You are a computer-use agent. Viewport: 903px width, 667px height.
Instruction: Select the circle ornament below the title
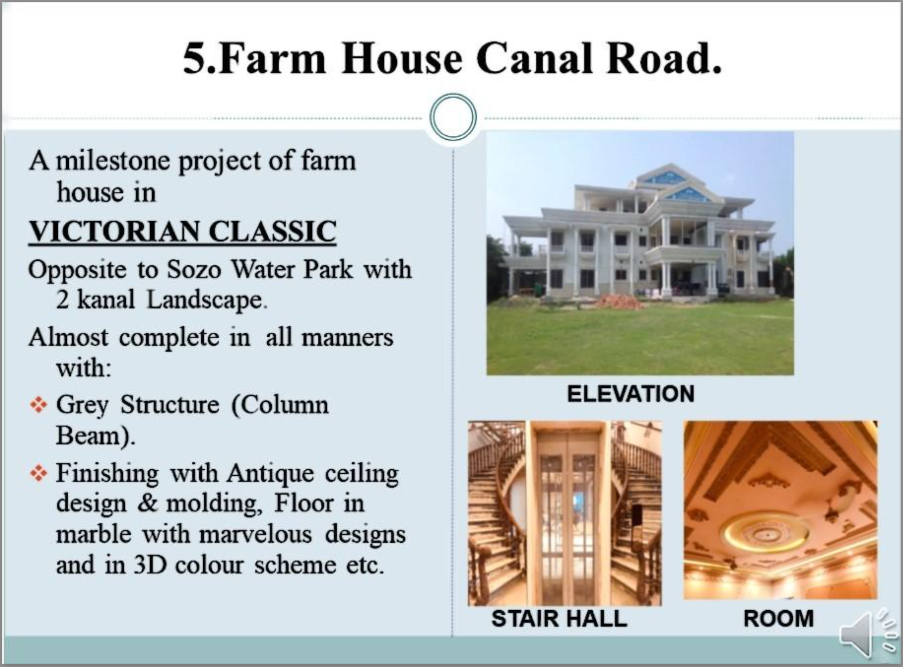coord(453,118)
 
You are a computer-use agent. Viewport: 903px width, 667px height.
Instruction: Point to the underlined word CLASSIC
coord(272,231)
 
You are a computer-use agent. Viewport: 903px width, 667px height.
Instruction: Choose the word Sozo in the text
coord(194,269)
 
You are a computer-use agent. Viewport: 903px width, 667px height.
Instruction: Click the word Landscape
coord(205,301)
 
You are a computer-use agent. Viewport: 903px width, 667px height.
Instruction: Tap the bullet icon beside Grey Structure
coord(39,405)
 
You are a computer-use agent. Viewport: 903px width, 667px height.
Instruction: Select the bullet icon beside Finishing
coord(39,473)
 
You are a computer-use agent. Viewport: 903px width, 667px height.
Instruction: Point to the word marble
coord(94,534)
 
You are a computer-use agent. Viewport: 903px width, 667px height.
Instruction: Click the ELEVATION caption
coord(631,394)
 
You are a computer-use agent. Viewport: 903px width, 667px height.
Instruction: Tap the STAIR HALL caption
coord(560,619)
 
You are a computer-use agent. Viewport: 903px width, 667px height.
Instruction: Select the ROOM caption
coord(779,619)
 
